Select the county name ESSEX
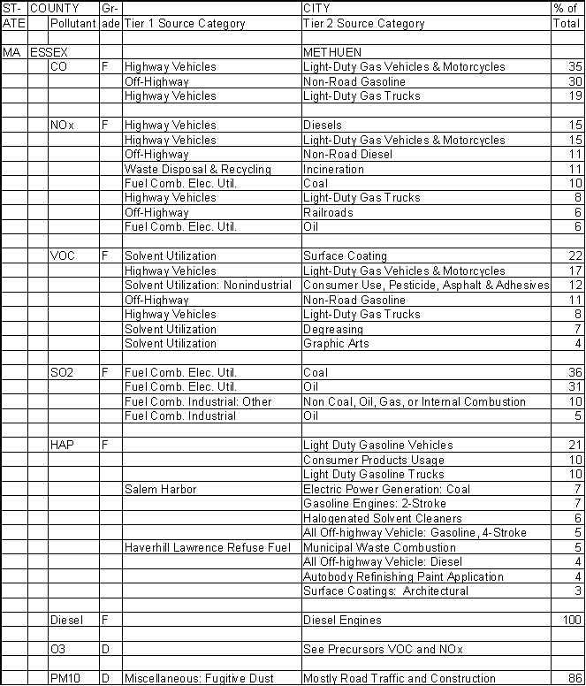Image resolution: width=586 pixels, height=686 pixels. [x=49, y=52]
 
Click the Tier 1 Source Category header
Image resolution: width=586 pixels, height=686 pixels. [x=184, y=24]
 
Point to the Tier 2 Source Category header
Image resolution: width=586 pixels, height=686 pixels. [x=363, y=24]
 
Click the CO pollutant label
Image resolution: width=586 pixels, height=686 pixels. [x=59, y=67]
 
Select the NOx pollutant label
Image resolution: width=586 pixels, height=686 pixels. [x=62, y=126]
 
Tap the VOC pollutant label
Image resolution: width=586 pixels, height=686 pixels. [x=63, y=256]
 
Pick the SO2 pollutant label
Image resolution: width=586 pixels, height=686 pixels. [x=63, y=373]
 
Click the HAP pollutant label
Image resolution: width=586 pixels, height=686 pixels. [x=62, y=446]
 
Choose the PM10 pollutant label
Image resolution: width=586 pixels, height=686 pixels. [x=65, y=679]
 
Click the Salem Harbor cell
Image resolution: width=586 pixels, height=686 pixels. [x=160, y=489]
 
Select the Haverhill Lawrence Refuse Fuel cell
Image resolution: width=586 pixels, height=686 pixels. [x=208, y=547]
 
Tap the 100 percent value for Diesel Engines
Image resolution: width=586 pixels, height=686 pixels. [x=572, y=621]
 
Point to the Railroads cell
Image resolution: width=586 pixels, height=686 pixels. [x=328, y=213]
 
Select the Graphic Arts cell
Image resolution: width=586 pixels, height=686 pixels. [x=334, y=344]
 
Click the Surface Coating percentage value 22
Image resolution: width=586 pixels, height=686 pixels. [x=575, y=256]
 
